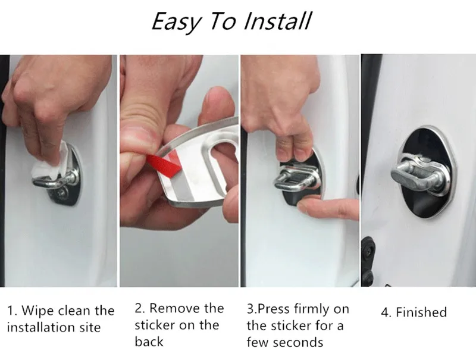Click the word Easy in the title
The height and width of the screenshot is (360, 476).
[x=177, y=22]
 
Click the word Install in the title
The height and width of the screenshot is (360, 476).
[x=277, y=21]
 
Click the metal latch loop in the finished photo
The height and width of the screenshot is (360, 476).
[x=416, y=173]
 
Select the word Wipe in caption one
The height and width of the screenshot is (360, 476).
[x=38, y=311]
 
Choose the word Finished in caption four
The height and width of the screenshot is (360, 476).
[x=421, y=312]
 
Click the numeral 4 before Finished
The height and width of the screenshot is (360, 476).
[x=384, y=312]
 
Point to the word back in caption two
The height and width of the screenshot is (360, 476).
[x=149, y=342]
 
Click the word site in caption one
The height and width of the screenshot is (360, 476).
[x=90, y=327]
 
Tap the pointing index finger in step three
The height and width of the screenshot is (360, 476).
[x=328, y=208]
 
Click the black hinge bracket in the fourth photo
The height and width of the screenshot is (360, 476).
[x=368, y=261]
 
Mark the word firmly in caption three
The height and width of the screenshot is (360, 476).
[x=312, y=309]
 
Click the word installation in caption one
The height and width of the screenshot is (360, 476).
[x=42, y=327]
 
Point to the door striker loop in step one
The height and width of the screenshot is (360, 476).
[x=55, y=181]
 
